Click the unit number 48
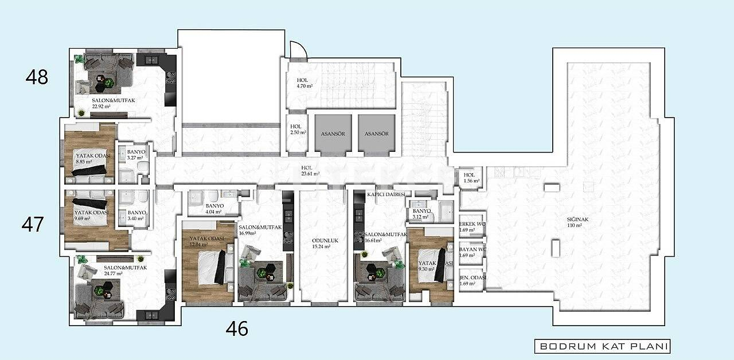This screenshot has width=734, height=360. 37,77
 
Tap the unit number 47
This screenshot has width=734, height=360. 33,224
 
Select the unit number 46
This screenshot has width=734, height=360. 237,328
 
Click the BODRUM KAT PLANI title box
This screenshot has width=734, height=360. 602,346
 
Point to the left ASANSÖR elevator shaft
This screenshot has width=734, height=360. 332,134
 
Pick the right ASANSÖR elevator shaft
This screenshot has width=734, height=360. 376,134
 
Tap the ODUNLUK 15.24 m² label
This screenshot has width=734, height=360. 323,244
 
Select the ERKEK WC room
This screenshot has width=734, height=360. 473,227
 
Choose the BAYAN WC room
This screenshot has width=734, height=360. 473,252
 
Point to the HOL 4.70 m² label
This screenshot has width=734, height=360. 304,83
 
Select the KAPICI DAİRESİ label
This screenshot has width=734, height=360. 386,195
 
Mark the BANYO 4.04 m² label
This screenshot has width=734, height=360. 213,208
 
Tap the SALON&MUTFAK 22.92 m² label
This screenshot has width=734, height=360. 113,103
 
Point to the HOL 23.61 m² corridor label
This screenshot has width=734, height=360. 310,171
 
